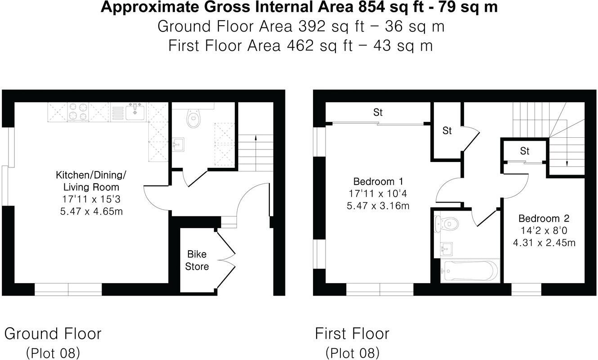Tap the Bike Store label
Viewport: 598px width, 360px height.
click(197, 261)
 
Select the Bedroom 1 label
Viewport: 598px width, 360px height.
click(378, 182)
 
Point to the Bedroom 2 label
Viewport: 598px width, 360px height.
click(544, 219)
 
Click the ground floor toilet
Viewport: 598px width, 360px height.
click(193, 118)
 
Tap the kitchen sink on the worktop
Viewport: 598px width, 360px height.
click(134, 112)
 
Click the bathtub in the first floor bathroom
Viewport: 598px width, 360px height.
click(470, 271)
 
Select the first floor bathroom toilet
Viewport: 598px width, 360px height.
click(446, 223)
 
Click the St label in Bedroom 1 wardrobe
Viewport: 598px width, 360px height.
click(378, 112)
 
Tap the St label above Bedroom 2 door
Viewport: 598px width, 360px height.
click(525, 151)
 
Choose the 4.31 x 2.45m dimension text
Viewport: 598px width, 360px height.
click(544, 243)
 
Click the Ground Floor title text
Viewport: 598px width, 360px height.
click(53, 334)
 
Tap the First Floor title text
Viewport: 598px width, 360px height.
click(352, 334)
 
